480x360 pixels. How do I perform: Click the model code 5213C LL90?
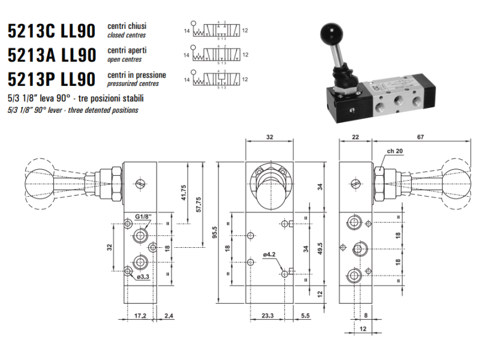coord(52,31)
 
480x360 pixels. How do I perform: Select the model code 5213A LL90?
coord(52,55)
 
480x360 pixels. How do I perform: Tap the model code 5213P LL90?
coord(52,79)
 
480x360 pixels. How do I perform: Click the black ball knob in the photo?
coord(331,32)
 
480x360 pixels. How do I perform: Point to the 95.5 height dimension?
coord(214,232)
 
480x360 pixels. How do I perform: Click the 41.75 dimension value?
coord(184,193)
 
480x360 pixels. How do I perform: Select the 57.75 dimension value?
coord(199,205)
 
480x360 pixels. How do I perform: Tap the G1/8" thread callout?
coord(143,217)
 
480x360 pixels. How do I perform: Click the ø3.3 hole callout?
coord(143,277)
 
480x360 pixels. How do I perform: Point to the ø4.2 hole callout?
coord(269,254)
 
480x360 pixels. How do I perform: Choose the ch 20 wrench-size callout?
coord(395,151)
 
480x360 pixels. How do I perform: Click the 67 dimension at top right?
coord(421,137)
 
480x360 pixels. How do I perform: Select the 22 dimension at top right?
coord(355,137)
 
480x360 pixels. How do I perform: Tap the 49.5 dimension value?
coord(320,249)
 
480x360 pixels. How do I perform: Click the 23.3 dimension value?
coord(267,316)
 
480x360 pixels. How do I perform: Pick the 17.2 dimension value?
coord(140,316)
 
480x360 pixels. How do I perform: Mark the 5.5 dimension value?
coord(305,316)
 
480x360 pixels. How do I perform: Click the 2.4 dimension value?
coord(169,316)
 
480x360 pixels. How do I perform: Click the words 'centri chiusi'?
coord(127,26)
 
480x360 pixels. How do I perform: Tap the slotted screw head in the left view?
coord(140,184)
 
